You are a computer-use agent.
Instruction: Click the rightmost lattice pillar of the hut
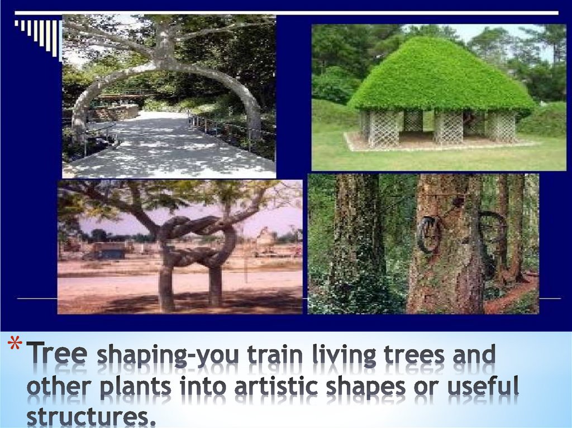[500, 126]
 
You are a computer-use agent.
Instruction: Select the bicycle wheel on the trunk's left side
[428, 234]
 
